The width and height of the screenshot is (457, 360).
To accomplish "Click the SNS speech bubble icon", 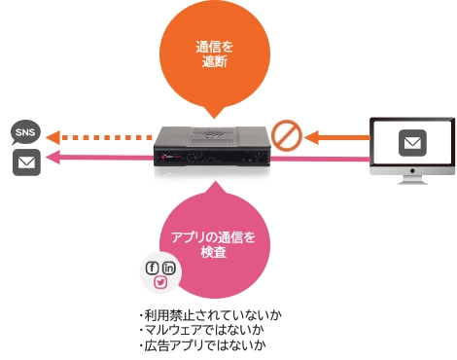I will click(x=26, y=131).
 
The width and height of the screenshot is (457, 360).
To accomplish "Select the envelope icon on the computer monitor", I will click(x=413, y=144).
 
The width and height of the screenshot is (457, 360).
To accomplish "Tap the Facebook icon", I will click(x=152, y=268).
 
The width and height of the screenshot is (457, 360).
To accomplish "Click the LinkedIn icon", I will click(x=169, y=268).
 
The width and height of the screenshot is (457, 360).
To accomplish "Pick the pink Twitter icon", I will click(x=161, y=282).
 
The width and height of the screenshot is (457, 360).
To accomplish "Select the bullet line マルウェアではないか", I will click(x=194, y=331).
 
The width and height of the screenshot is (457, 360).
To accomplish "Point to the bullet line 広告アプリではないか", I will click(x=194, y=345).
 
